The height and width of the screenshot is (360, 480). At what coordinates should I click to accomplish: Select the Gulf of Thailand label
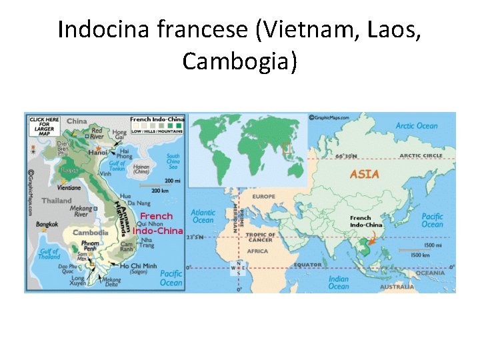point(48,254)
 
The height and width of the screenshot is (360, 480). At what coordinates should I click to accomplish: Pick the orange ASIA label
point(365,174)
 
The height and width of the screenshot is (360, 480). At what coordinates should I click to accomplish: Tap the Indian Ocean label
point(338,282)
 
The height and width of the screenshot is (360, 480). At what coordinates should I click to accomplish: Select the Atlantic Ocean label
point(203,217)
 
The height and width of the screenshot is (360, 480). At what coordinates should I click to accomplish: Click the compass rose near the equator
point(238,268)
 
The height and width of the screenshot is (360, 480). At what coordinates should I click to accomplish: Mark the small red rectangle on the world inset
point(287,147)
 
